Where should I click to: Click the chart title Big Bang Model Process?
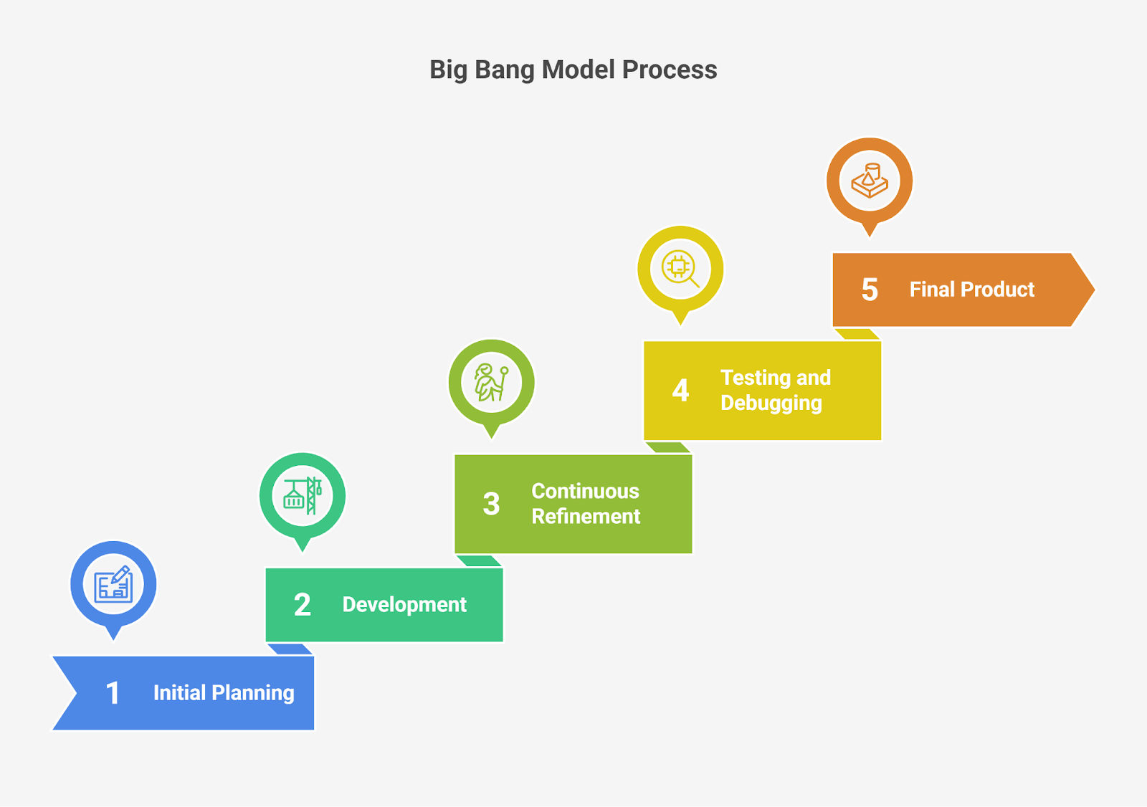click(573, 70)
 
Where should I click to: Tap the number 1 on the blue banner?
click(113, 693)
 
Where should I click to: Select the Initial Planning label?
click(224, 693)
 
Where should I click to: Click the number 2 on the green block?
click(302, 604)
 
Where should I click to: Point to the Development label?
click(404, 605)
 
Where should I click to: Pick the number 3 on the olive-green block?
click(491, 504)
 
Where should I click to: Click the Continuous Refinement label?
click(586, 504)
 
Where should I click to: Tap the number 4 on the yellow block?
click(680, 390)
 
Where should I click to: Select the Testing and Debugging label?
click(775, 391)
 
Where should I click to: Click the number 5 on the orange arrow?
click(870, 290)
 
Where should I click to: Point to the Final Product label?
click(972, 290)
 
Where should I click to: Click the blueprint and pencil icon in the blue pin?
click(113, 584)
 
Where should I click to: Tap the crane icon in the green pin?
click(302, 495)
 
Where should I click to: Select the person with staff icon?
click(491, 383)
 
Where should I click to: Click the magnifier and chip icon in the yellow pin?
click(680, 269)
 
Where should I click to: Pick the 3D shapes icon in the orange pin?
click(870, 180)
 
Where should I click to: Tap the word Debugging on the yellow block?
click(771, 403)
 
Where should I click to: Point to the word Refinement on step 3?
click(586, 516)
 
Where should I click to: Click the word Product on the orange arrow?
click(997, 290)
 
